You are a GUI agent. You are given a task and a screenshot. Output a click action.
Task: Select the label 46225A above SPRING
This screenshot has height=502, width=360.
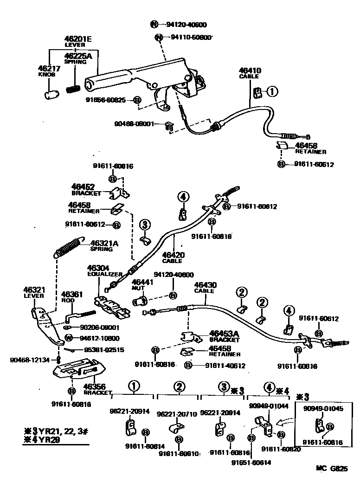pyautogui.click(x=78, y=56)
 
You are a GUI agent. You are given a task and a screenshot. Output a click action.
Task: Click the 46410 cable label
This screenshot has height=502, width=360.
pyautogui.click(x=250, y=71)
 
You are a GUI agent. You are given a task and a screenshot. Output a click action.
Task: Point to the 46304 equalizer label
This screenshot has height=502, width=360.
pyautogui.click(x=98, y=268)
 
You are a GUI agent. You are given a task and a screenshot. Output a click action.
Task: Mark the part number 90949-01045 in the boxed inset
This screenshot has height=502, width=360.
pyautogui.click(x=323, y=408)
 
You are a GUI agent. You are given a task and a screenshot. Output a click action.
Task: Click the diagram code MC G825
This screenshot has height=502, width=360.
pyautogui.click(x=332, y=469)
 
